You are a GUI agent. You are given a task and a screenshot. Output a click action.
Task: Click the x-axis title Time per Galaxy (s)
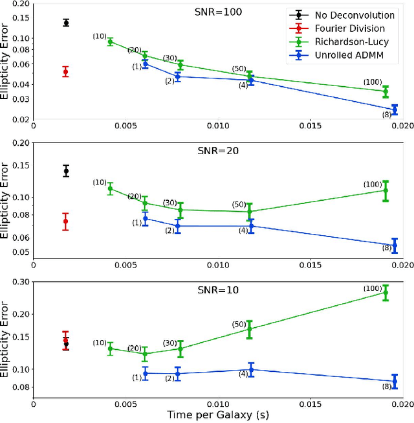[x=217, y=414]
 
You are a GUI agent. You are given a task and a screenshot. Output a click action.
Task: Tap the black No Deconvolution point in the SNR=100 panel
[x=65, y=23]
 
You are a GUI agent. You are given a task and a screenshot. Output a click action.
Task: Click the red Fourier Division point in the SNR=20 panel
[x=65, y=222]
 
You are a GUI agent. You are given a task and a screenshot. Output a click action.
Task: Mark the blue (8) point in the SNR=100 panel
[x=395, y=109]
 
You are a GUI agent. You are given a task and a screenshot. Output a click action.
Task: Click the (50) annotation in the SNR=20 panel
[x=239, y=205]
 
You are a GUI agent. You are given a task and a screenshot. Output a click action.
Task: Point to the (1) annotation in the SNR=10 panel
[x=136, y=377]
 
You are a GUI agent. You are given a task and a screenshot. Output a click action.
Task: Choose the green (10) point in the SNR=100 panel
[x=110, y=41]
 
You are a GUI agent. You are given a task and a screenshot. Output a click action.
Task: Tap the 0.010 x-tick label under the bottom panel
[x=218, y=402]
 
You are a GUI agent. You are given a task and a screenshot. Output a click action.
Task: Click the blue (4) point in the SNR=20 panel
[x=251, y=226]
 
